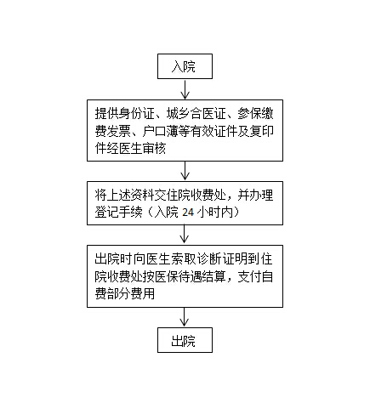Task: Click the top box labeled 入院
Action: (185, 66)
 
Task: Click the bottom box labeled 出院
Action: (185, 340)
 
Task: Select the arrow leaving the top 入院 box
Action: (185, 89)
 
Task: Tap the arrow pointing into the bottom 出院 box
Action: (185, 317)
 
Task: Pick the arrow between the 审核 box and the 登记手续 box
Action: (185, 171)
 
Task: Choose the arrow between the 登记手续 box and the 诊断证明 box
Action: (185, 236)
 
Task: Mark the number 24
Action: (188, 213)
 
